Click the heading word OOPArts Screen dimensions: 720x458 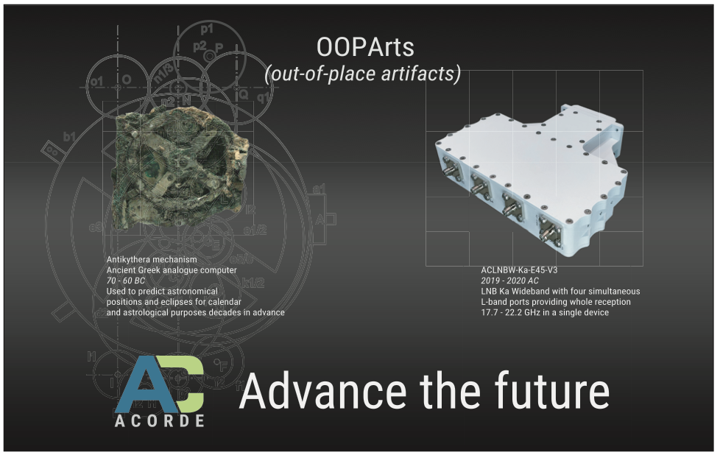365,47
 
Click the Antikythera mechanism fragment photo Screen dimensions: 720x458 181,166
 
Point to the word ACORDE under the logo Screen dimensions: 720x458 159,420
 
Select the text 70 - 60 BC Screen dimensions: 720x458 125,281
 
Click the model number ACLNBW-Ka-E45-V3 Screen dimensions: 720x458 519,270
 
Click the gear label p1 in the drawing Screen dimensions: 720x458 207,29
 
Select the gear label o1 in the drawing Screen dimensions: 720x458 96,82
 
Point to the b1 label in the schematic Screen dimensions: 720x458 69,136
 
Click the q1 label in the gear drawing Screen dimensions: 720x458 264,97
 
